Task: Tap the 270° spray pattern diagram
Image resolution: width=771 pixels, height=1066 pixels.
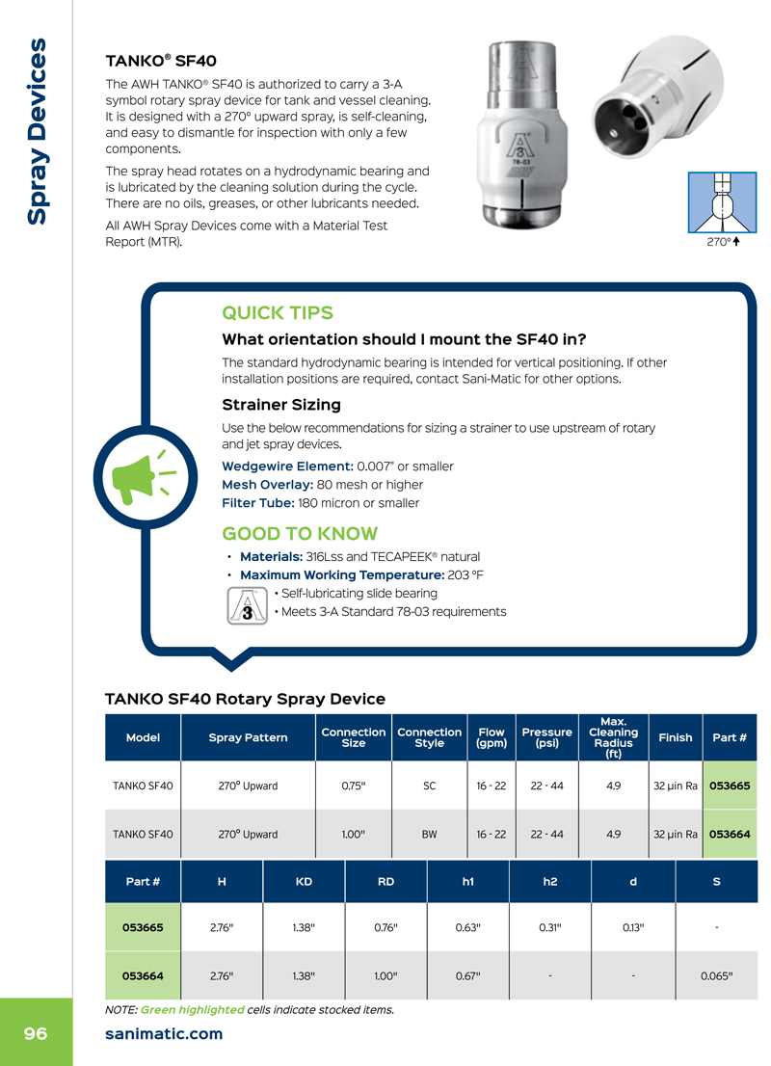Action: (722, 202)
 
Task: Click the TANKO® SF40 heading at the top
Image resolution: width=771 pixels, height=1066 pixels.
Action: (161, 61)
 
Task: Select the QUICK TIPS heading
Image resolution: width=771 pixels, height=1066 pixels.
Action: (278, 312)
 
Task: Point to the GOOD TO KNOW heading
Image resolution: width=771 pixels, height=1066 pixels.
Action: (300, 534)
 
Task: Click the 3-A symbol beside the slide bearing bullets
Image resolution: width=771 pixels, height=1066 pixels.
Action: (247, 605)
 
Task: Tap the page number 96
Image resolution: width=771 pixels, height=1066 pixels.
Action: (36, 1034)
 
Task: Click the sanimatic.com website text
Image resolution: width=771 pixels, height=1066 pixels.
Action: (164, 1034)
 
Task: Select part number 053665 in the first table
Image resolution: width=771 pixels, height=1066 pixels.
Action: (730, 786)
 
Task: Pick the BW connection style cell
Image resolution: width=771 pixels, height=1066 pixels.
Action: (429, 834)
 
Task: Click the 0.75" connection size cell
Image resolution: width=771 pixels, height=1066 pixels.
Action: (354, 786)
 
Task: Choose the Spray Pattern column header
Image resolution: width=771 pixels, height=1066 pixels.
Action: (248, 737)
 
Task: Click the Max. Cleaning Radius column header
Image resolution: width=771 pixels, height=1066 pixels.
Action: (613, 737)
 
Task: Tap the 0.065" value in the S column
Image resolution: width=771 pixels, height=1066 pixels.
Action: (717, 976)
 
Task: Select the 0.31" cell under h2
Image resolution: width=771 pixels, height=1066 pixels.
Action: (550, 927)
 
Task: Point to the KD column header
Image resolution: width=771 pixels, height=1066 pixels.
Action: (304, 882)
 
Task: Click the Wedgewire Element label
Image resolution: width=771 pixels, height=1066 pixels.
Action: (287, 466)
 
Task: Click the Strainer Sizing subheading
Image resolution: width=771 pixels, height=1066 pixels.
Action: (281, 405)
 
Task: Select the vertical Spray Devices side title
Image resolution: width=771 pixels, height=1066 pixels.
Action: (37, 131)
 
